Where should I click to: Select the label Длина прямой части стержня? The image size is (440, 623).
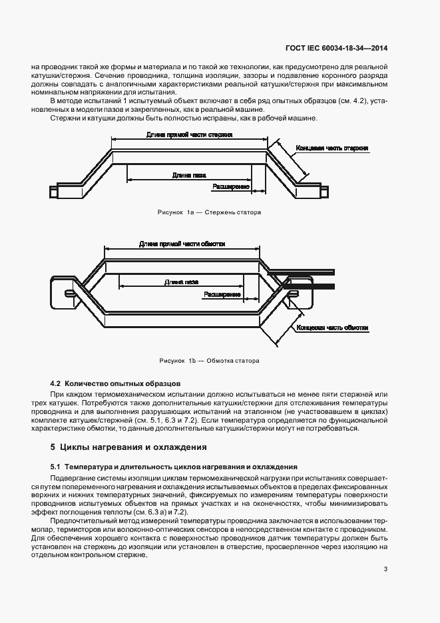coord(189,134)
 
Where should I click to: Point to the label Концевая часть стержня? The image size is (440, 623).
coord(332,148)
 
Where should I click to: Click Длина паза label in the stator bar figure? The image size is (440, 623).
coord(188,175)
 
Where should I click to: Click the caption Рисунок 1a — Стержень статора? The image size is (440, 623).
coord(209,213)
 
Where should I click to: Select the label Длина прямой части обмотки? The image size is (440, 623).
coord(182,244)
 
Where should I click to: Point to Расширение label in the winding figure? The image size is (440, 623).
coord(222,294)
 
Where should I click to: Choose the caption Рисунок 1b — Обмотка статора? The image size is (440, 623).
coord(209,361)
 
